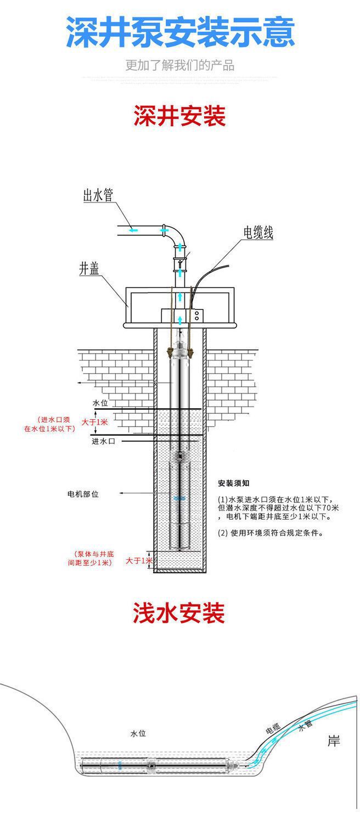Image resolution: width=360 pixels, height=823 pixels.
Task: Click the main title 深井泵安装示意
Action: point(180,32)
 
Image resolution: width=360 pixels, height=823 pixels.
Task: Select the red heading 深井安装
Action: point(180,116)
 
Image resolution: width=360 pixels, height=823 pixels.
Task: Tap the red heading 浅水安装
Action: point(179,613)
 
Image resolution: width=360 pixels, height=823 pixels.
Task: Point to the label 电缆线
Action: point(258,233)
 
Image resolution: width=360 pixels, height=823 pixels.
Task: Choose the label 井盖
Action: point(89,269)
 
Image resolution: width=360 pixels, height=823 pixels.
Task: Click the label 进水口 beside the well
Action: point(103,441)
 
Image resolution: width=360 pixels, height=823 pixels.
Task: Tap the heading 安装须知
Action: point(234,483)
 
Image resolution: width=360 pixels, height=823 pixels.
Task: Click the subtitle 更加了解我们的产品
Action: point(180,65)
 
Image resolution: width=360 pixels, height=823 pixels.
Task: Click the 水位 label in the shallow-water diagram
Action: point(138,734)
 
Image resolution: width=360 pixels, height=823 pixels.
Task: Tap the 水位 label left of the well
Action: point(100,403)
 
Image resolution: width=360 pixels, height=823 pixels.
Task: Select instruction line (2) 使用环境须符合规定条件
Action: point(269,532)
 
